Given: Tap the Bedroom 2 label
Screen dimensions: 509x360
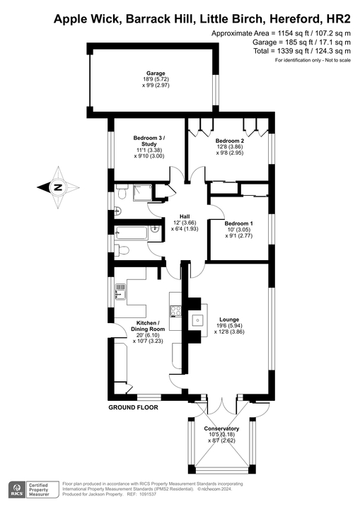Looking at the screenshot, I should [230, 141].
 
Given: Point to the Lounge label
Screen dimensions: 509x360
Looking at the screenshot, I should [229, 319].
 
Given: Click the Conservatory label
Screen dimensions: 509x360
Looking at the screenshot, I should [221, 428].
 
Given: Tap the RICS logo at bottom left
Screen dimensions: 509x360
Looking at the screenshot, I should [15, 489].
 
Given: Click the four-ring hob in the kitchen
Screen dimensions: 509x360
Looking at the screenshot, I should [175, 309].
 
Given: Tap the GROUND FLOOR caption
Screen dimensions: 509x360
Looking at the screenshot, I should [133, 408].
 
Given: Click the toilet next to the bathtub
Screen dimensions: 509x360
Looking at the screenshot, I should [122, 249].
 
